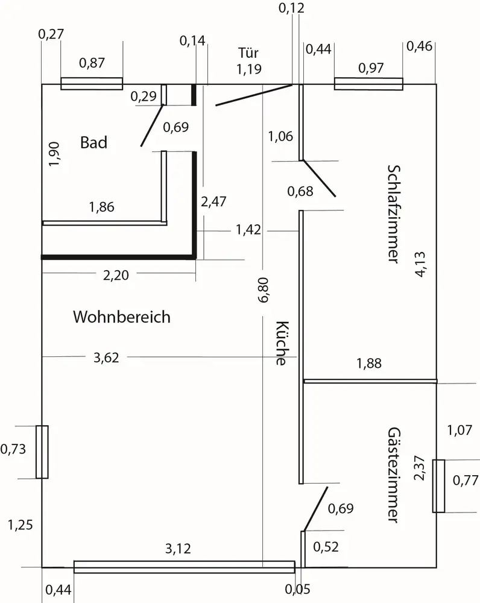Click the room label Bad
tap(93, 143)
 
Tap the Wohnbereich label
tap(122, 317)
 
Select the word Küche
tap(280, 343)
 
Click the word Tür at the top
tap(248, 53)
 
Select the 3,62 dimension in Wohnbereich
tap(106, 358)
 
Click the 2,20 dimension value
tap(116, 276)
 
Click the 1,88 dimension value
tap(368, 363)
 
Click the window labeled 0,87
tap(92, 83)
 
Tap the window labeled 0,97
tap(368, 84)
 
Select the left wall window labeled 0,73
tap(42, 452)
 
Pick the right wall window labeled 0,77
tap(438, 486)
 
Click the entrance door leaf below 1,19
tap(253, 95)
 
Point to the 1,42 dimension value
tap(248, 229)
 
